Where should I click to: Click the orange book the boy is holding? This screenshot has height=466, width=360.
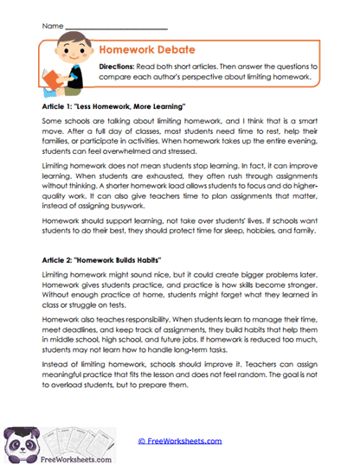click(x=49, y=80)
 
